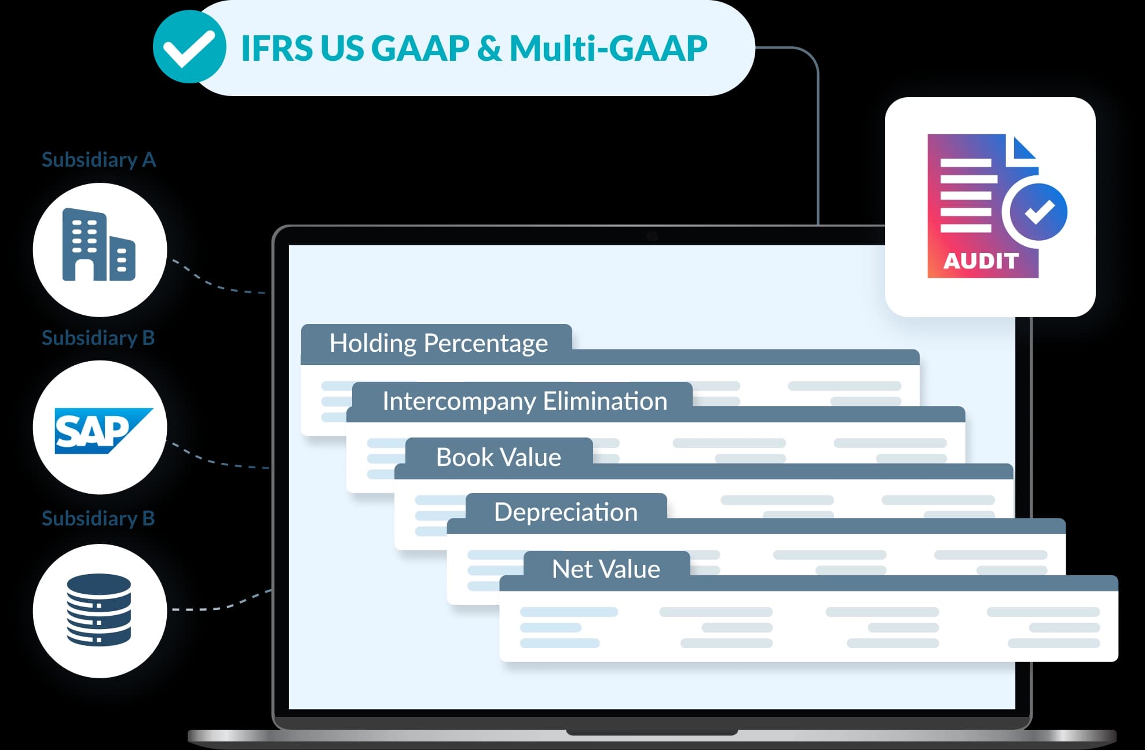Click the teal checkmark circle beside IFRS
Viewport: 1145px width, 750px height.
pos(189,47)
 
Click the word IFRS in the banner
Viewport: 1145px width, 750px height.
pos(276,48)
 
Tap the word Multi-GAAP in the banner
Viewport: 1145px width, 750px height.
pos(608,48)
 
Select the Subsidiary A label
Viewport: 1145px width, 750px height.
pos(98,160)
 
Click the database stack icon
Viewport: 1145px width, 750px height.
pos(99,610)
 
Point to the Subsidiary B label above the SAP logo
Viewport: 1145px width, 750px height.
pos(98,338)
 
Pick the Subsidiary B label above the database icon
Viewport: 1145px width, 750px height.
pos(98,519)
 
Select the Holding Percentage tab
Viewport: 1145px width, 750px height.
pos(438,343)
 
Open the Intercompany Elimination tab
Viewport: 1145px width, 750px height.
pos(524,401)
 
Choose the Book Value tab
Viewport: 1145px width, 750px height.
pos(498,457)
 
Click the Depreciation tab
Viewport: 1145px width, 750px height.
pos(565,512)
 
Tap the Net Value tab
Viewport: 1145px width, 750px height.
pos(606,569)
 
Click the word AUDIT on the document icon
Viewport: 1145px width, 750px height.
pos(981,261)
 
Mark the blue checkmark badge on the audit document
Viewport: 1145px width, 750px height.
pos(1039,212)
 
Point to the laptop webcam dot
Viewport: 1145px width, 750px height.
pos(652,236)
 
